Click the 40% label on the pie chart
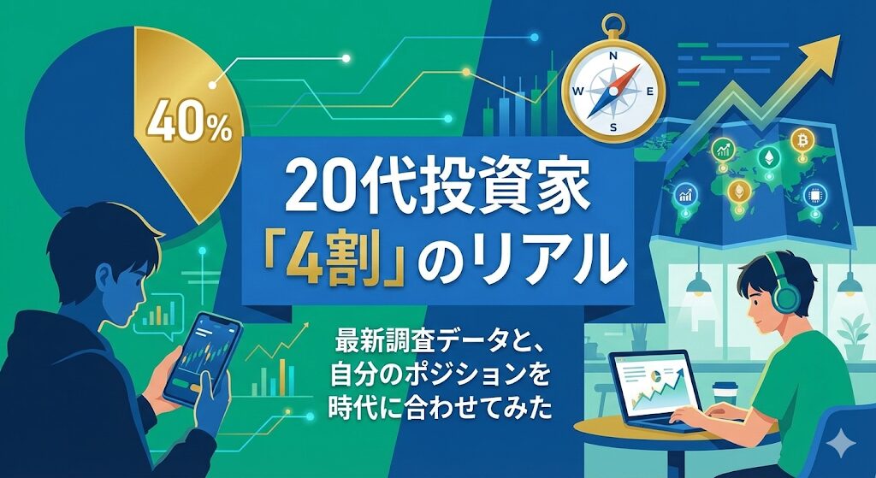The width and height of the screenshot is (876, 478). [x=189, y=128]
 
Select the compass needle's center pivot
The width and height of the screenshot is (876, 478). [x=613, y=89]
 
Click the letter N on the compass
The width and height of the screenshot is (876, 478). [x=613, y=56]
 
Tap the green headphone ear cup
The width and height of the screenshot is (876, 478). [x=784, y=298]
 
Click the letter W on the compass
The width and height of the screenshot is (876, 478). [x=578, y=91]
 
